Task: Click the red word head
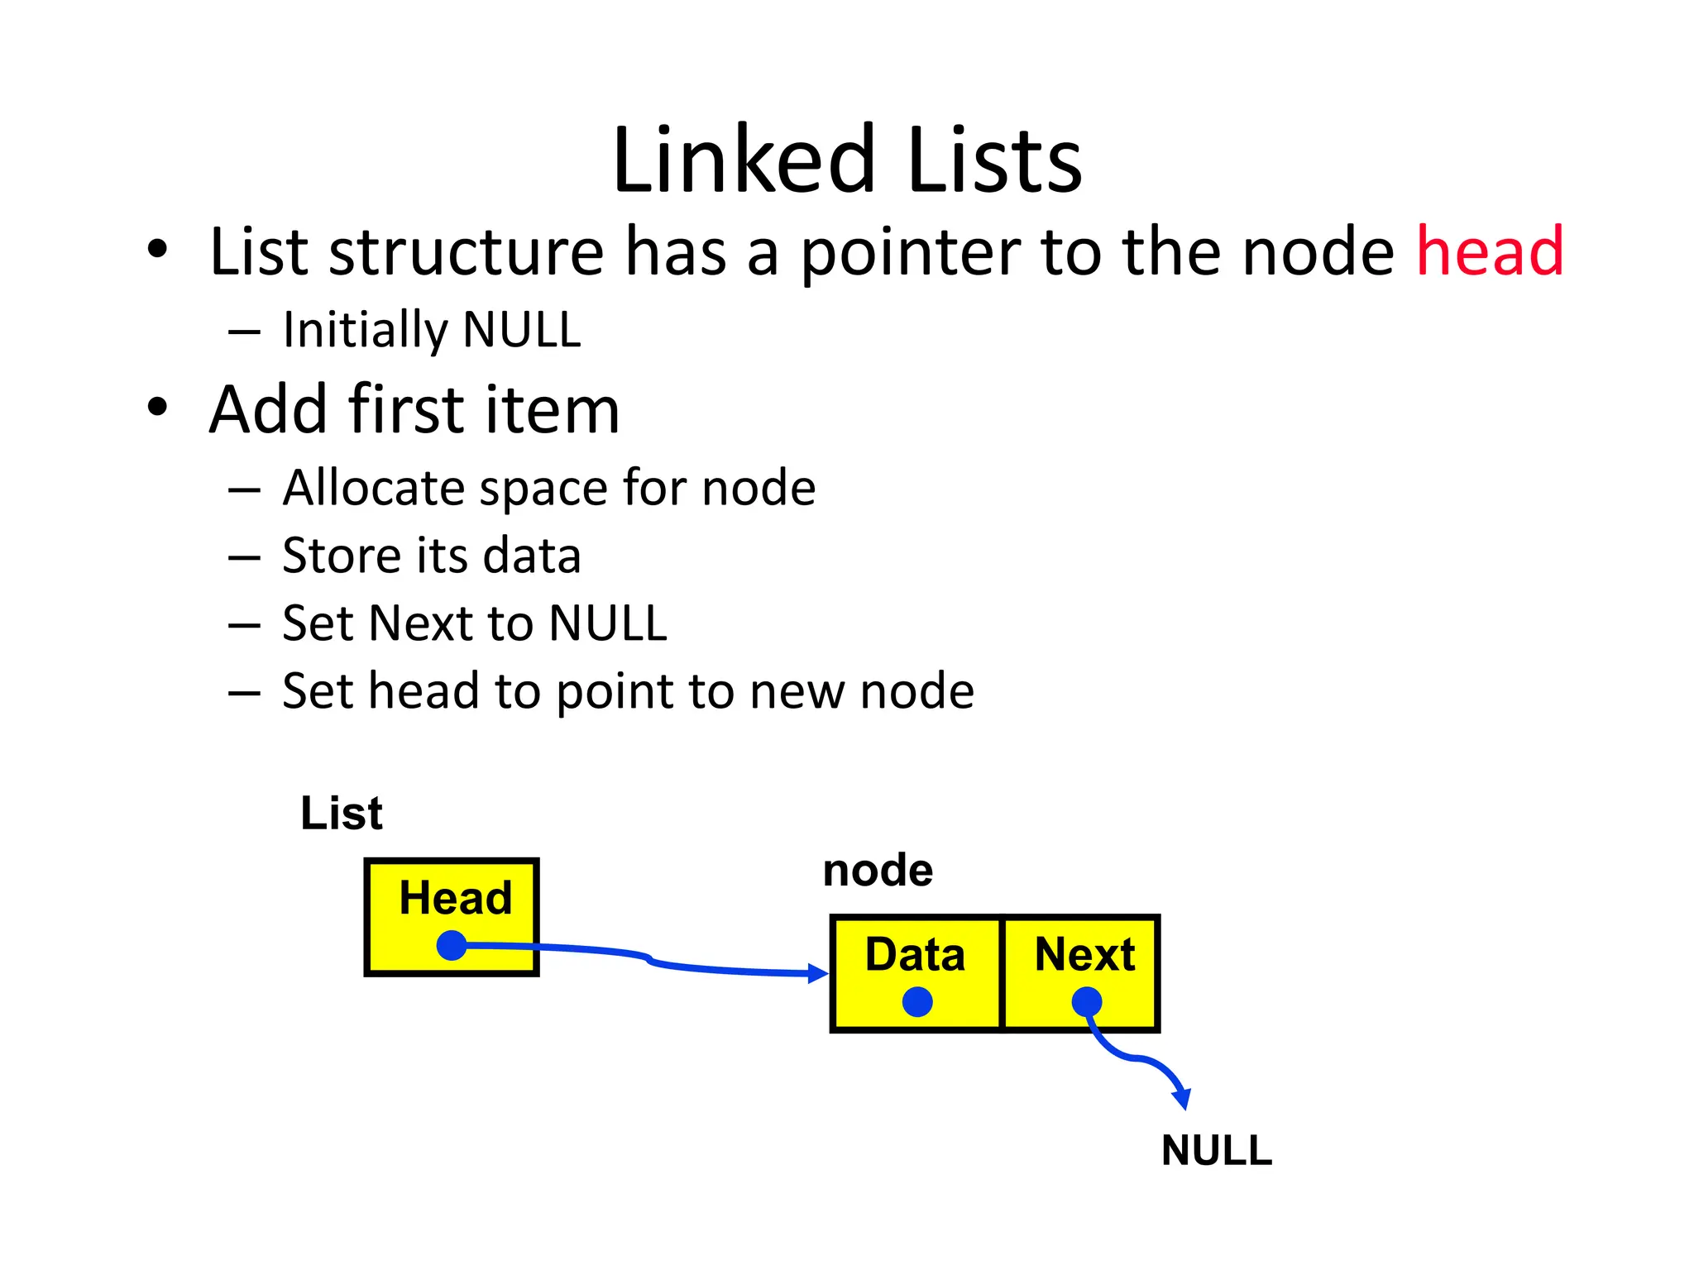click(x=1489, y=251)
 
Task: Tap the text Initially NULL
click(x=432, y=330)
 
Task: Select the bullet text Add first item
click(x=414, y=409)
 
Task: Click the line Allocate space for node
click(x=548, y=488)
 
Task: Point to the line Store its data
click(x=431, y=556)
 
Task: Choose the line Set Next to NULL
click(x=474, y=623)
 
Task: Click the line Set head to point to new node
click(x=628, y=691)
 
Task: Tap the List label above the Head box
click(x=341, y=814)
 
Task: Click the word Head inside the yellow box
click(x=455, y=899)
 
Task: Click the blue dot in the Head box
click(x=452, y=945)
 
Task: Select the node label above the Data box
click(x=878, y=871)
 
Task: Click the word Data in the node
click(x=915, y=955)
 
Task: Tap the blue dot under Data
click(x=917, y=1002)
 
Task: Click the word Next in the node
click(x=1084, y=955)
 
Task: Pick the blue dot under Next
click(x=1087, y=1002)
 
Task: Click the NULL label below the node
click(x=1216, y=1151)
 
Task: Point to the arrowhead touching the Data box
click(x=819, y=973)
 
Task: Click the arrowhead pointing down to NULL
click(x=1183, y=1099)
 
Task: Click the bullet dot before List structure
click(x=157, y=249)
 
